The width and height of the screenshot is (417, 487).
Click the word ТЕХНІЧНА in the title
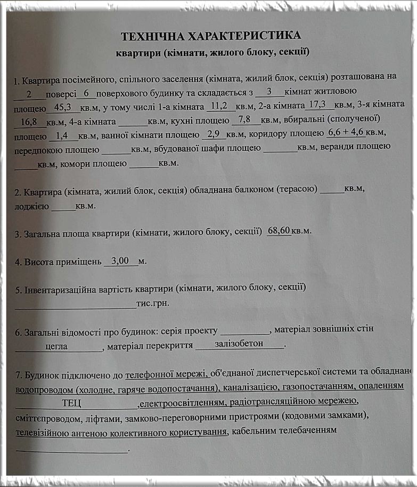click(150, 36)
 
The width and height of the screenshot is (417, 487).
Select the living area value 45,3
click(63, 107)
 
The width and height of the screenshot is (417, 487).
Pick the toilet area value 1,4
click(63, 135)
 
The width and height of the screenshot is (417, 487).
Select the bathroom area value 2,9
click(214, 133)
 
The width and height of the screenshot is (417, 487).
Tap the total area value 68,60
click(279, 231)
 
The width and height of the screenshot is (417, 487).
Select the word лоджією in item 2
click(32, 205)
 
